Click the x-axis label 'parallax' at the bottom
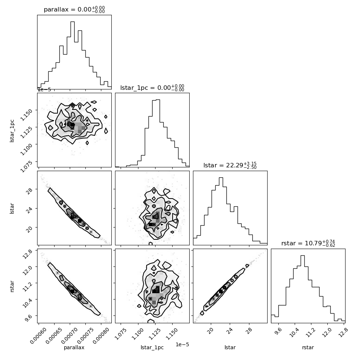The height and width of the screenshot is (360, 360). [x=74, y=347]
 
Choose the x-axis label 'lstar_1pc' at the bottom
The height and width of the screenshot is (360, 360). [x=152, y=347]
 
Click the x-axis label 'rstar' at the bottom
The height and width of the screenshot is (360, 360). [x=308, y=347]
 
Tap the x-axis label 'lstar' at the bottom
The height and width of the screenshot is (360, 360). [x=230, y=347]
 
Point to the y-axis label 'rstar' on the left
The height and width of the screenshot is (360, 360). [x=12, y=286]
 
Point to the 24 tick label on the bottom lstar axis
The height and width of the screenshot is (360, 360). [x=230, y=330]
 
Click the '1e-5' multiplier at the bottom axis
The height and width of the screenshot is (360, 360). [x=182, y=344]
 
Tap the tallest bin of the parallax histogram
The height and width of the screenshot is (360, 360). [x=72, y=55]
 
